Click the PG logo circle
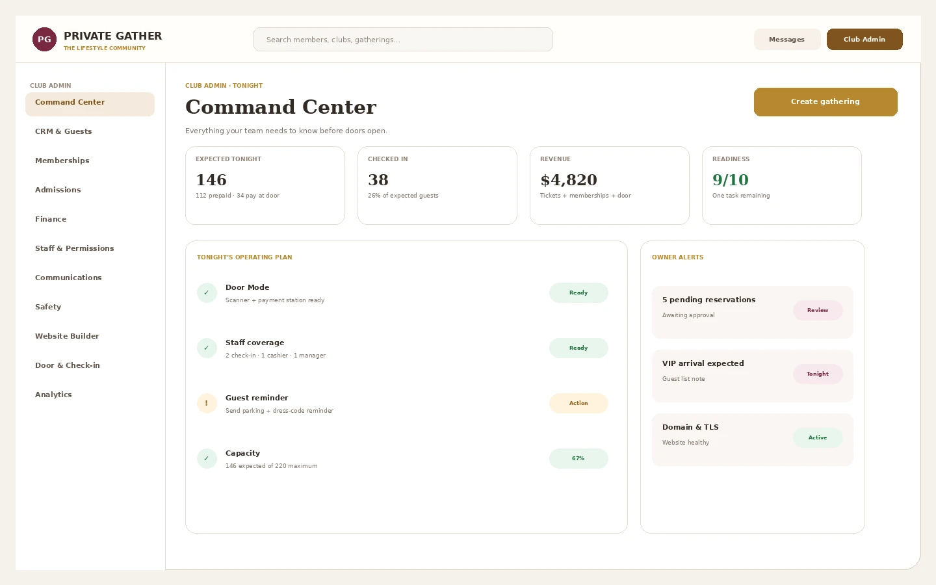click(x=44, y=39)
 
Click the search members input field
click(x=403, y=39)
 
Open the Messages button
click(x=786, y=39)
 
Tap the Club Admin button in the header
click(x=864, y=39)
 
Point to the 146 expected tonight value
click(x=211, y=179)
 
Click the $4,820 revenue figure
click(x=569, y=179)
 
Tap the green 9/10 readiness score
click(x=731, y=179)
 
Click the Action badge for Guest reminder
click(x=578, y=403)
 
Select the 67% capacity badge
click(x=578, y=458)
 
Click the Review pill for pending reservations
click(x=818, y=310)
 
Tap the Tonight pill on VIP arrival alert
click(x=818, y=374)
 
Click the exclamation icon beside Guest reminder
click(x=207, y=403)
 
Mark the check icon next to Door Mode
click(x=207, y=292)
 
